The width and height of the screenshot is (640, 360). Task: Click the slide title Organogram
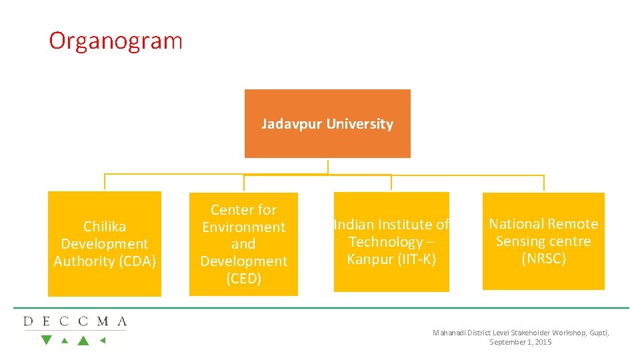(115, 41)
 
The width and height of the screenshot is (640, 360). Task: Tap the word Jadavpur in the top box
(285, 124)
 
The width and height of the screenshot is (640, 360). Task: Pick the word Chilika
(105, 227)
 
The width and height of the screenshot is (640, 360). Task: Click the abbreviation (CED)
(243, 279)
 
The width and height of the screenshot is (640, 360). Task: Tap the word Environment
(243, 227)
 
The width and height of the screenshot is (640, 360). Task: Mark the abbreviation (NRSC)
(543, 259)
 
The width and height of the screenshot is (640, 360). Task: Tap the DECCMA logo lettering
(75, 321)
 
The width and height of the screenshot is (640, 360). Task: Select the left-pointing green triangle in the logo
(103, 340)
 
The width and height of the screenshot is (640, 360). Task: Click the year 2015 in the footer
(542, 342)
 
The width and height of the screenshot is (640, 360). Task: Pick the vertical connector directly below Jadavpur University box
(327, 166)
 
